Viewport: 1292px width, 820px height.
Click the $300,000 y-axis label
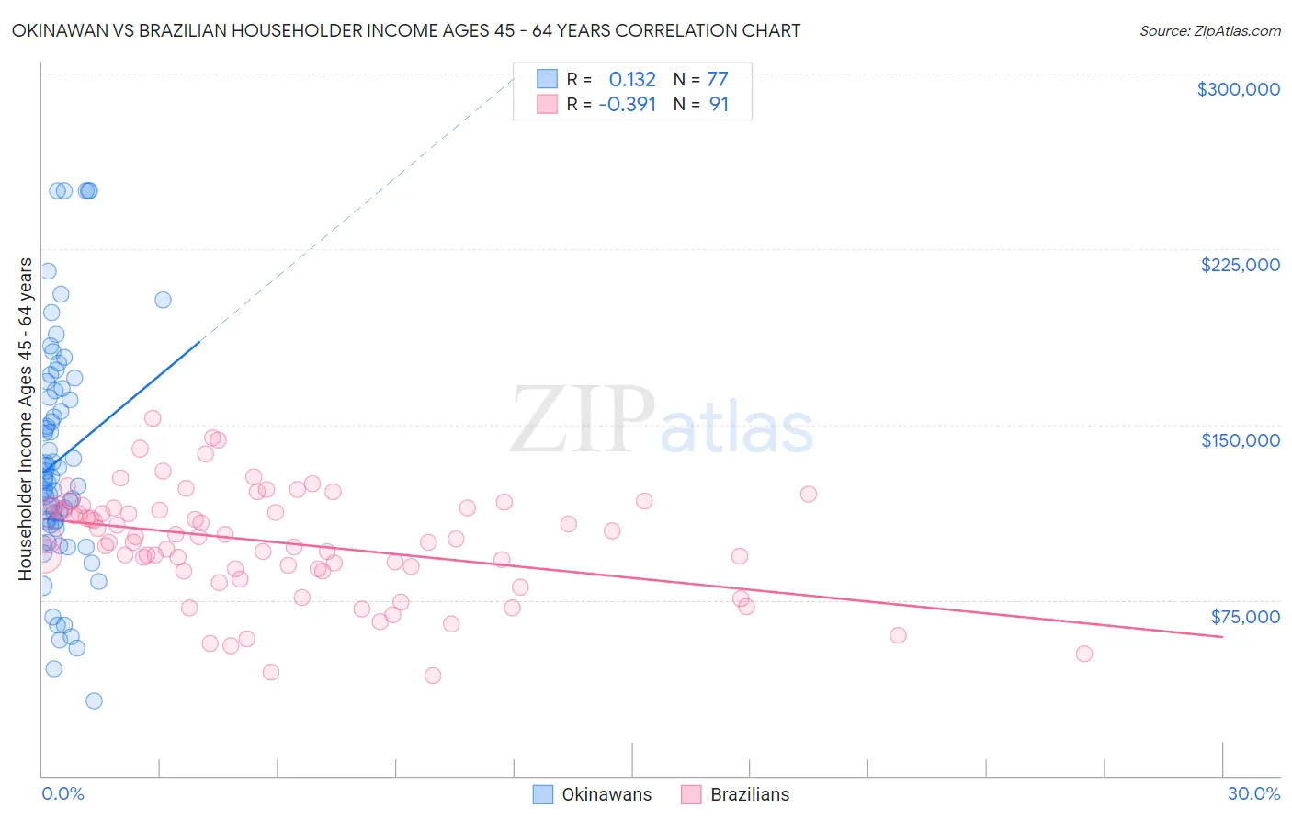pos(1238,89)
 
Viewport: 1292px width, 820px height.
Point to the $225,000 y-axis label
pos(1240,265)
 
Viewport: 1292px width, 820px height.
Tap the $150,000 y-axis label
pos(1240,440)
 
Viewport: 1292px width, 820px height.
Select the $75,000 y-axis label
pos(1244,617)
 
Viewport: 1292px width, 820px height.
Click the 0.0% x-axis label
pos(62,793)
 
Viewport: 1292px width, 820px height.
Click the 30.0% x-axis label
pos(1253,793)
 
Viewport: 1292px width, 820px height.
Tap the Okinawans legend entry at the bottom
pos(593,794)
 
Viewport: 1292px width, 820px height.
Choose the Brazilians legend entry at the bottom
pos(735,794)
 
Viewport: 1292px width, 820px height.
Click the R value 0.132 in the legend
pos(632,79)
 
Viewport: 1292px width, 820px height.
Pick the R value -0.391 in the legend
pos(627,104)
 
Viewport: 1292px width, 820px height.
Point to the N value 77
pos(717,79)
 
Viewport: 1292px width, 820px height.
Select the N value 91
pos(719,104)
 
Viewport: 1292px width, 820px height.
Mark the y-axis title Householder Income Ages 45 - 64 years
pos(25,419)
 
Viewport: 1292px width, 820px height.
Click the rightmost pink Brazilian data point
pos(1084,654)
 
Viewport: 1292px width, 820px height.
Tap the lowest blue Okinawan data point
pos(94,700)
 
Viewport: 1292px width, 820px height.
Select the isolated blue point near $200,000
pos(163,300)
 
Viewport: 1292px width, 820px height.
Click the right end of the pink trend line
pos(1222,636)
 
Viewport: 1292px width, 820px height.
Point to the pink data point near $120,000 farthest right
pos(809,494)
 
